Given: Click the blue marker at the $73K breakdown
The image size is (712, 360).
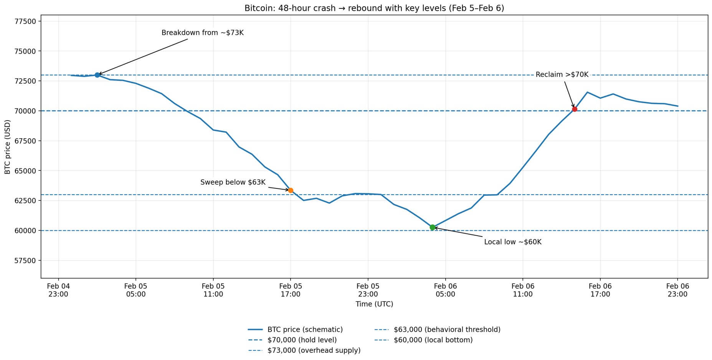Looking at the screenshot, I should click(x=97, y=75).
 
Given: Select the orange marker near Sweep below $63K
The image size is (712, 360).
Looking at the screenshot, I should click(x=291, y=190).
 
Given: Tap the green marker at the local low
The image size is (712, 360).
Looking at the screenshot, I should click(x=433, y=227).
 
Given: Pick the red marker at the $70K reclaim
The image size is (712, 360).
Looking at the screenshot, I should click(x=575, y=109).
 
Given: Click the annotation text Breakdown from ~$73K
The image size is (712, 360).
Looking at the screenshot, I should click(x=202, y=33).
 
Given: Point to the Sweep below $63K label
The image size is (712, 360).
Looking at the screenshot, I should click(x=233, y=182).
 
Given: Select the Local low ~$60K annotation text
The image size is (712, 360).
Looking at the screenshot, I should click(x=512, y=242).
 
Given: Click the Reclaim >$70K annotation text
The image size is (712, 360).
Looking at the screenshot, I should click(x=562, y=75).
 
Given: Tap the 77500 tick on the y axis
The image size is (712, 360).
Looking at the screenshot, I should click(x=25, y=21).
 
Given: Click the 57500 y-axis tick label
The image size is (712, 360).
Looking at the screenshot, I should click(x=25, y=261).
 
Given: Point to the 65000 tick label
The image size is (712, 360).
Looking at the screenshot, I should click(x=25, y=171).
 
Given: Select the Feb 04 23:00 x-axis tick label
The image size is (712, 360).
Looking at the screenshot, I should click(x=58, y=290).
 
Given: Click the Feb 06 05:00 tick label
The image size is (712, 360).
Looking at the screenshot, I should click(x=445, y=290).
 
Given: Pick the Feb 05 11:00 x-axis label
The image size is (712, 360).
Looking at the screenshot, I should click(x=213, y=290).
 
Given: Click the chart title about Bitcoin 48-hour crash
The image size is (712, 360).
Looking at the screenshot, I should click(x=374, y=8).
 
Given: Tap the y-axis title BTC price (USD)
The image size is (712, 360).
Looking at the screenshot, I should click(x=8, y=147).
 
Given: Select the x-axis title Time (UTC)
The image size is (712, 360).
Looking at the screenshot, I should click(x=374, y=304).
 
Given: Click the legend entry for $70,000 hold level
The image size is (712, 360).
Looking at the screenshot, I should click(x=302, y=340).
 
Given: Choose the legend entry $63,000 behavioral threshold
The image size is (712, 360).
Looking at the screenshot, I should click(x=447, y=330).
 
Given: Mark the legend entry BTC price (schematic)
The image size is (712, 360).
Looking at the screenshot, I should click(x=305, y=330).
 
